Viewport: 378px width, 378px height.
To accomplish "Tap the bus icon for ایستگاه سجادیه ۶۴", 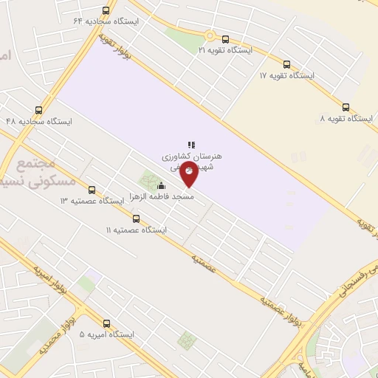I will click(x=106, y=11).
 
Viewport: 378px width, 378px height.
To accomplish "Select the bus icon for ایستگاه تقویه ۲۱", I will click(x=225, y=39).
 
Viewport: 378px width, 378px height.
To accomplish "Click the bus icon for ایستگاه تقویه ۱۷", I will click(x=286, y=64).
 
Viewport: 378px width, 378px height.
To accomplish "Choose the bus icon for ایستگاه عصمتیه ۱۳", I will click(x=92, y=190).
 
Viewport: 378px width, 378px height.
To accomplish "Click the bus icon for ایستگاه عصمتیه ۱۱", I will click(x=136, y=219).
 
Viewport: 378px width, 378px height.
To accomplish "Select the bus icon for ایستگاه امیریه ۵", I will click(x=107, y=323).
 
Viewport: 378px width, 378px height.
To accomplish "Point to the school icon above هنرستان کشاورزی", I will click(x=190, y=145).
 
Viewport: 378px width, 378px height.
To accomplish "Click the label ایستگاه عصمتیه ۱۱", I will click(x=137, y=230).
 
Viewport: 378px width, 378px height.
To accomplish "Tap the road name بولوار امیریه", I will click(x=52, y=276).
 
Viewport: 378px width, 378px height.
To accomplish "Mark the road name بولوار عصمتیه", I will click(x=281, y=308).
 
